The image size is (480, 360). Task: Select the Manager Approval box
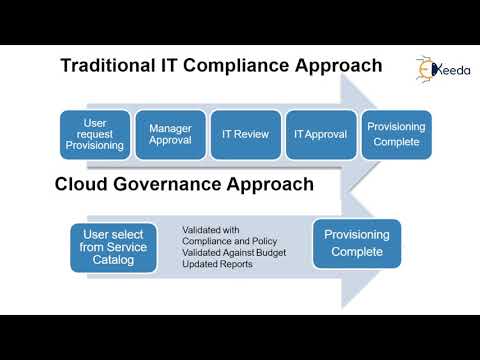(x=170, y=135)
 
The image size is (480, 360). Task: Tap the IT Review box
(x=245, y=134)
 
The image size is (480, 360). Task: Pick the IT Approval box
(x=319, y=134)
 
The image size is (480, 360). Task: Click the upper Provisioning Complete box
(x=396, y=134)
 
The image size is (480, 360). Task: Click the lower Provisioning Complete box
(x=357, y=243)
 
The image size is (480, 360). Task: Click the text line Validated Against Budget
(x=234, y=253)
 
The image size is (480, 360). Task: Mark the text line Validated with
(x=211, y=230)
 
